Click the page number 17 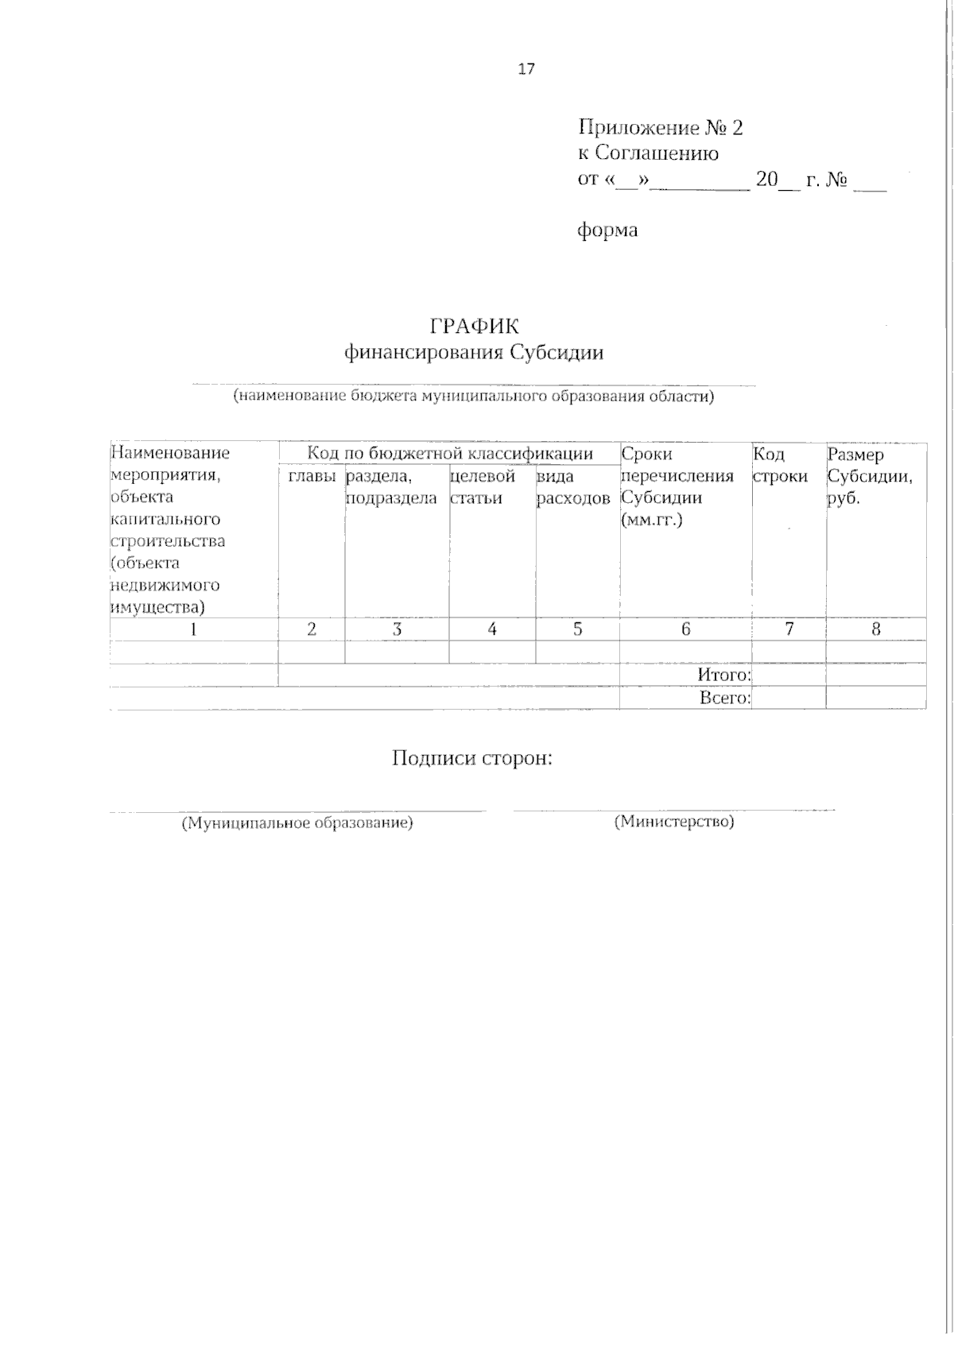[x=526, y=69]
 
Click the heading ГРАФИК [x=474, y=327]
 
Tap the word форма [x=607, y=230]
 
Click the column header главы [x=312, y=476]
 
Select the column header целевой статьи [x=483, y=487]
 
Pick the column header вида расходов [x=573, y=487]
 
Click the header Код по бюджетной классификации [x=450, y=454]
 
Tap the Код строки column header [x=779, y=465]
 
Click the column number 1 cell [x=193, y=629]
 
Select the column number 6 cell [x=685, y=629]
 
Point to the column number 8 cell [x=876, y=629]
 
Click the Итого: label [x=723, y=675]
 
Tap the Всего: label [x=724, y=698]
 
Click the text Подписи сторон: [x=472, y=758]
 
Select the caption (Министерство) [x=674, y=822]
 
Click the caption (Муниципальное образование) [x=298, y=823]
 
